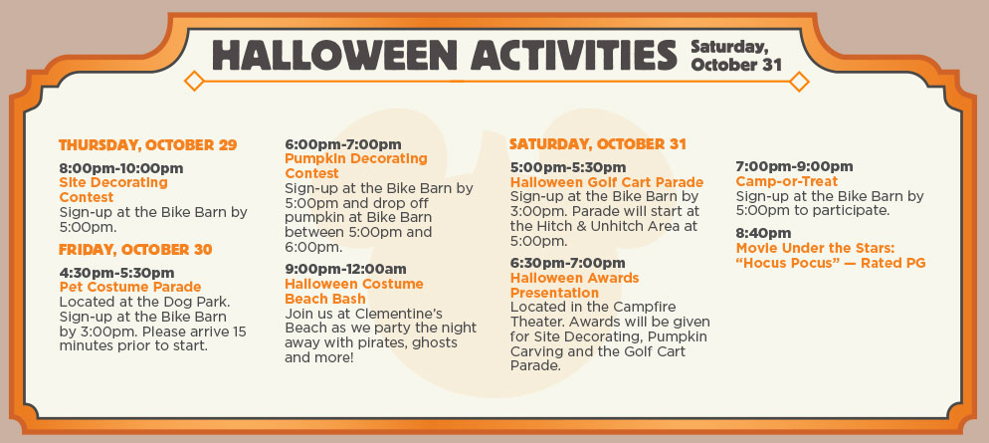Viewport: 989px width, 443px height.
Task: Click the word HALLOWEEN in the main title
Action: [x=334, y=55]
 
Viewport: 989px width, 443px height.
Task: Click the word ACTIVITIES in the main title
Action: [x=573, y=55]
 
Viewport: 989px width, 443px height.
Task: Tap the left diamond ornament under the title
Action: [x=194, y=81]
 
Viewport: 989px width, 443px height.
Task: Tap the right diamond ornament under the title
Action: [x=799, y=82]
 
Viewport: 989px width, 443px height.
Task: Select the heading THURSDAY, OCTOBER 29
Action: [x=147, y=145]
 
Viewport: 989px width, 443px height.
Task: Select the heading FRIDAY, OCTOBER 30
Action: [x=135, y=249]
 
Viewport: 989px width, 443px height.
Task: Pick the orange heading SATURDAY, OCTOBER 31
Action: [x=597, y=144]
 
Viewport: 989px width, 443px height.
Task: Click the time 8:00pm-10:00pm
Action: [x=121, y=168]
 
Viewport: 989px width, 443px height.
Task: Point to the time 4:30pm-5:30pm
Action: [x=116, y=273]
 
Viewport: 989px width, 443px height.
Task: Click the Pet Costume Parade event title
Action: [x=130, y=288]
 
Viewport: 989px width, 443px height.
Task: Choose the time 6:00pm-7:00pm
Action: [x=343, y=144]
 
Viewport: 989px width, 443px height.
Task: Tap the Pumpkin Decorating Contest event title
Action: [x=356, y=166]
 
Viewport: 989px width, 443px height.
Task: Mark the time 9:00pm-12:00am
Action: [x=345, y=270]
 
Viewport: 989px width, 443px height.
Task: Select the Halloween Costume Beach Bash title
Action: [x=354, y=291]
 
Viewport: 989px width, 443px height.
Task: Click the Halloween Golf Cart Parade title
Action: [x=607, y=182]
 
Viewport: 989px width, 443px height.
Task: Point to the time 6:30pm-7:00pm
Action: [x=568, y=263]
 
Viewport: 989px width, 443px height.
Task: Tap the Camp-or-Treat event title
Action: [x=787, y=182]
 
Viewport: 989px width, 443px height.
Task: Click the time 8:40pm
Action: [x=763, y=234]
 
